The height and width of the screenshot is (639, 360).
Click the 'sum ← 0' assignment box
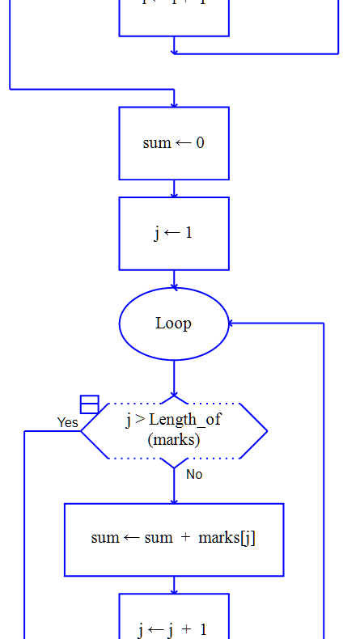tap(174, 143)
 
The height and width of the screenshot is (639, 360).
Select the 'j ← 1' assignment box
tap(174, 233)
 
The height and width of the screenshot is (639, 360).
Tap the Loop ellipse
tap(174, 324)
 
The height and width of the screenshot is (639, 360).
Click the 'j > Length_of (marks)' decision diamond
tap(174, 430)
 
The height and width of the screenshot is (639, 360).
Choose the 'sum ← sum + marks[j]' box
tap(174, 539)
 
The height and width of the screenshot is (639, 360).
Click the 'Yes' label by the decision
tap(68, 422)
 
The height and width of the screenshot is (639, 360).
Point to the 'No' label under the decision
tap(194, 474)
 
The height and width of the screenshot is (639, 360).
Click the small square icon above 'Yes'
tap(89, 404)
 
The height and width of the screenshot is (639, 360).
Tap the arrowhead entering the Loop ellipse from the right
tap(232, 324)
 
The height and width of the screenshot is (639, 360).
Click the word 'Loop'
tap(173, 324)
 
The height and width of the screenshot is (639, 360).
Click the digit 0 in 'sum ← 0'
tap(200, 143)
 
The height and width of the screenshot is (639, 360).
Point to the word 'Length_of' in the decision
tap(184, 419)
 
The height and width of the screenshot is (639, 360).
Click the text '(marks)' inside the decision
tap(173, 441)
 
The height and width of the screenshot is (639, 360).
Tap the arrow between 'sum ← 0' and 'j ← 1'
tap(174, 189)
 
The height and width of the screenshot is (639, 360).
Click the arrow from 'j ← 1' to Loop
tap(174, 280)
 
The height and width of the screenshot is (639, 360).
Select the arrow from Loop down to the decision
tap(174, 379)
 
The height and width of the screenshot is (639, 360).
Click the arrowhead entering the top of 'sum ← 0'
tap(174, 104)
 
